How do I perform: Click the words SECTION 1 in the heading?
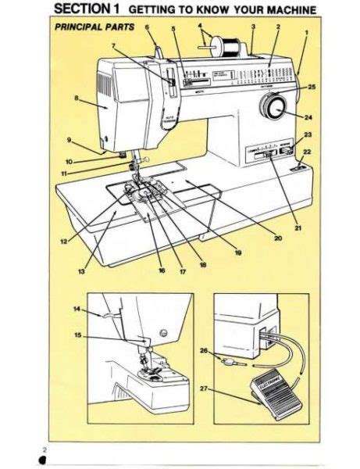tap(86, 9)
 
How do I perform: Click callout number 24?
tap(308, 118)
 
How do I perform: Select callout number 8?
tap(76, 98)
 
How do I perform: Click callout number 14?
tap(77, 310)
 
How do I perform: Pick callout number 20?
tap(277, 238)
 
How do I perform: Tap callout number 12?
tap(63, 242)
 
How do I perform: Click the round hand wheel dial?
tap(274, 107)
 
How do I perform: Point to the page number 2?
tap(45, 449)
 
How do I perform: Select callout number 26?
tap(204, 351)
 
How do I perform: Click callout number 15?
tap(77, 335)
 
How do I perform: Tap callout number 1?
tap(306, 32)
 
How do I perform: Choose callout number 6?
tap(146, 27)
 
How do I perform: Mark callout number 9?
tap(69, 141)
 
